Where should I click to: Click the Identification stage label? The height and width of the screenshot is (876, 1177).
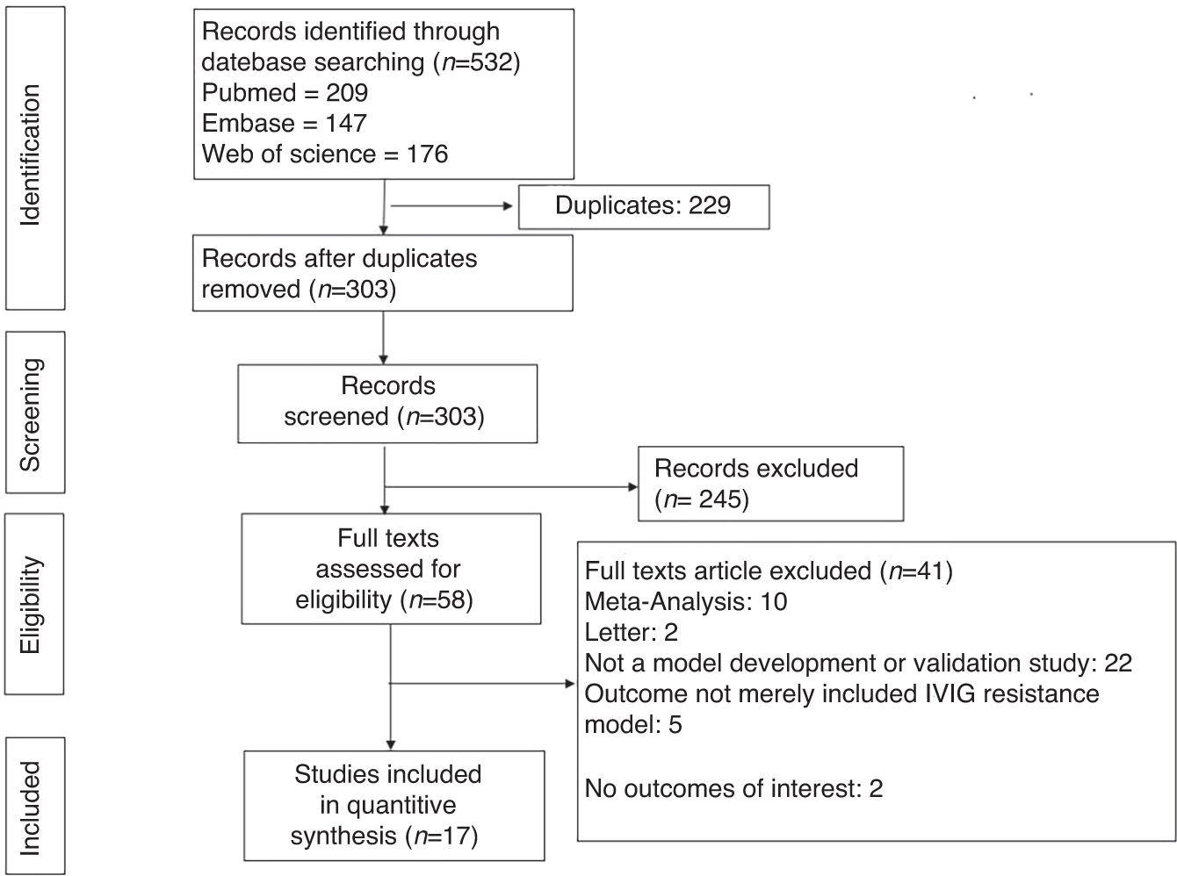pos(32,156)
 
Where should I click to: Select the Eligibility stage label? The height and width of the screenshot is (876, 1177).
pos(32,604)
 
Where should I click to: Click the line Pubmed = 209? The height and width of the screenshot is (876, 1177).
pos(285,93)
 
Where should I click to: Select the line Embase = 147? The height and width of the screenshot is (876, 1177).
pos(284,124)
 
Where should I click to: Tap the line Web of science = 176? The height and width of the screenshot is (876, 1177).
pos(325,154)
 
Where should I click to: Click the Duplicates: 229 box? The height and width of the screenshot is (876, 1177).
pos(643,206)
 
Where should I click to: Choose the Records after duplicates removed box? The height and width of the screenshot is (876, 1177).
pos(383,273)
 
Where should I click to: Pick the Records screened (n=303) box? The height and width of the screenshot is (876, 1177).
pos(386,402)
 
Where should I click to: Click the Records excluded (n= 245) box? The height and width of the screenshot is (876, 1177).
pos(770,484)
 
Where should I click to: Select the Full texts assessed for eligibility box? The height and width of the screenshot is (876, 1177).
pos(390,569)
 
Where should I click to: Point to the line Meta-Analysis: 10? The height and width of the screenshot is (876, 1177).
pos(685,602)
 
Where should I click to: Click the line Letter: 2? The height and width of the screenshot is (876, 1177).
pos(631,633)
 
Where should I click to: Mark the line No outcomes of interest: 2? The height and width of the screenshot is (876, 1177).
pos(733,788)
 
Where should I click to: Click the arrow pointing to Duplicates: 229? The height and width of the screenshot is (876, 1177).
pos(451,207)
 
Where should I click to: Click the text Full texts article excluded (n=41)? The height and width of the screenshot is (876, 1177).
pos(769,571)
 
